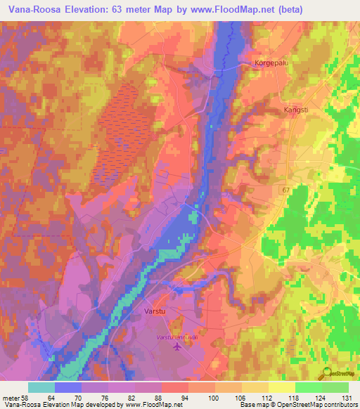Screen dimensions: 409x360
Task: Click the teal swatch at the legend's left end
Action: point(41,387)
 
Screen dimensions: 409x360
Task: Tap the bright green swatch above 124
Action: point(309,387)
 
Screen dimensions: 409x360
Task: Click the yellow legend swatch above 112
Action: point(255,387)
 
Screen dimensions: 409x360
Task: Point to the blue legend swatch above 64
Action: point(68,387)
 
